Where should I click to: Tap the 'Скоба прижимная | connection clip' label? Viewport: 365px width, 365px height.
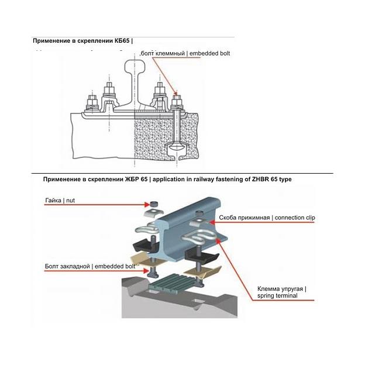tap(267, 218)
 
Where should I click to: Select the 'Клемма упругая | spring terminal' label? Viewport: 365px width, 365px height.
tap(281, 292)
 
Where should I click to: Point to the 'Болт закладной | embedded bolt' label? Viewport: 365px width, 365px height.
tap(89, 267)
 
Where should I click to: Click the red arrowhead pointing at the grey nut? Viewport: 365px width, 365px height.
tap(145, 204)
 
